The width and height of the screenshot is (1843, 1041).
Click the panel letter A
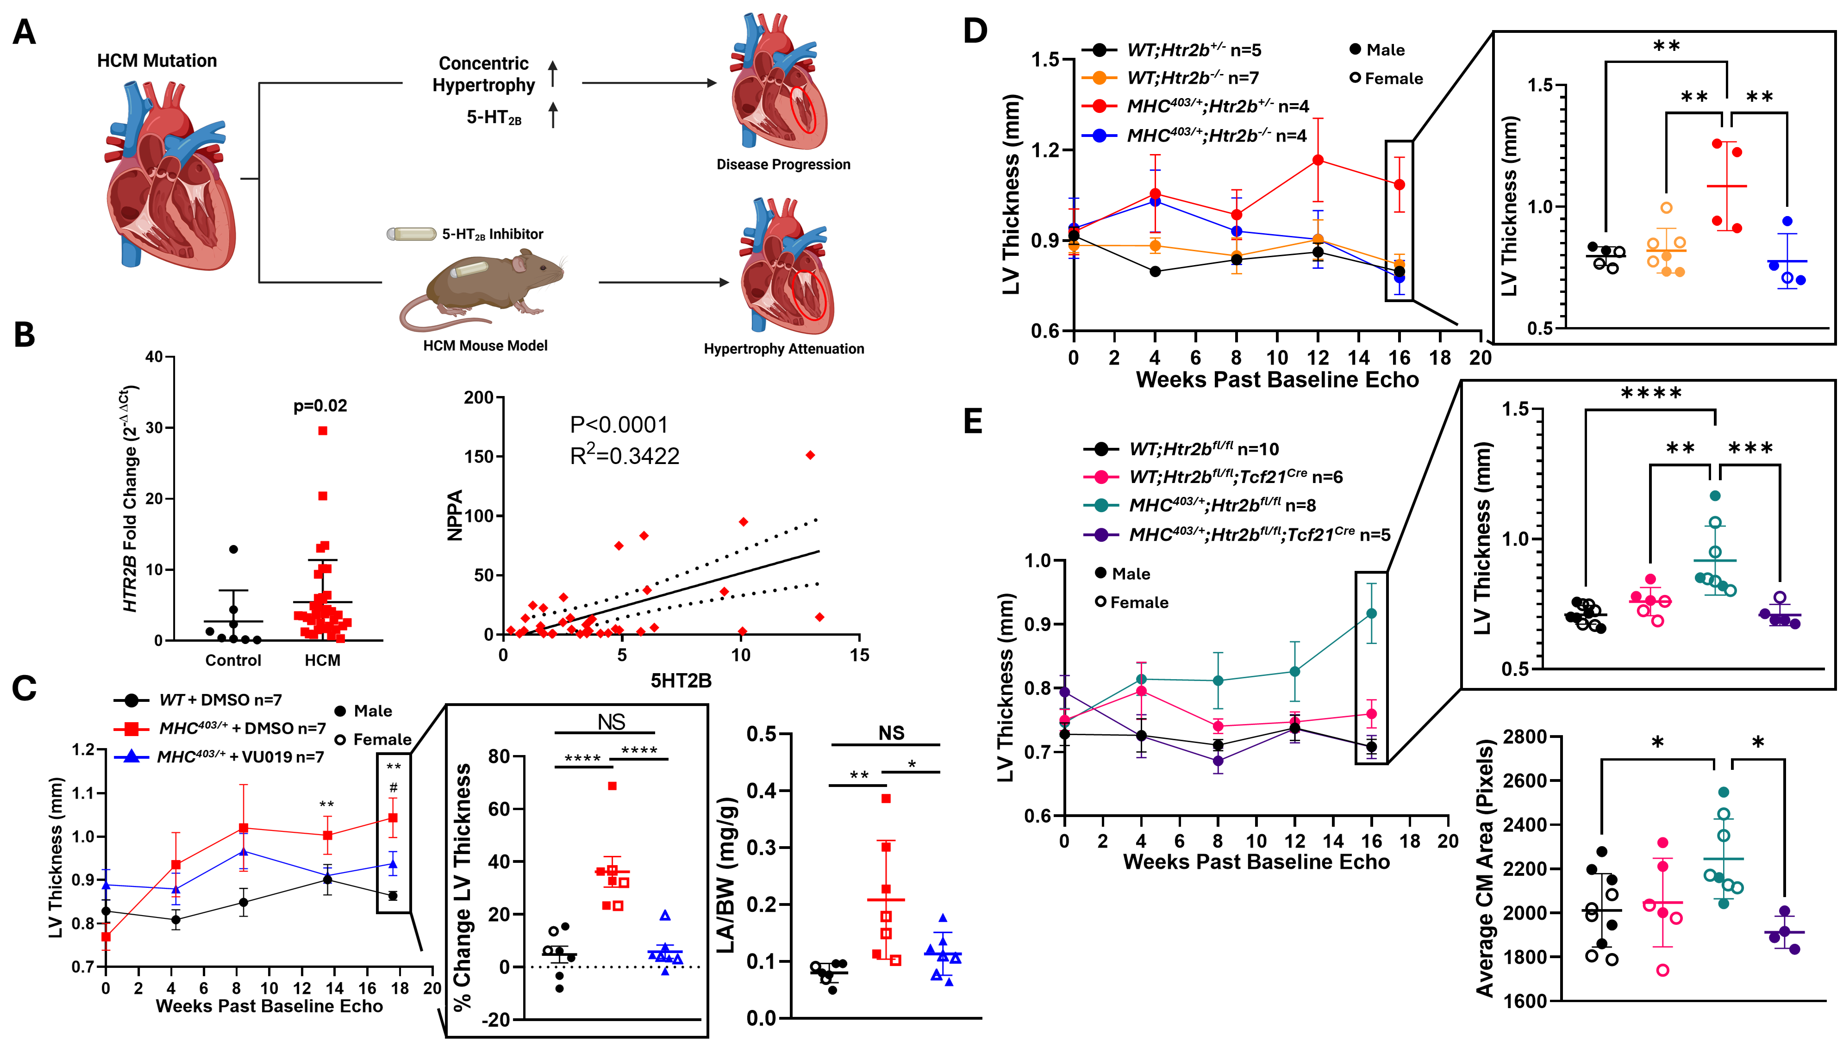25,33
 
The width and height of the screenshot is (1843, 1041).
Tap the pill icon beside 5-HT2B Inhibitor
412,234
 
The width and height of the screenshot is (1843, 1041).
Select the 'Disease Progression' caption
783,164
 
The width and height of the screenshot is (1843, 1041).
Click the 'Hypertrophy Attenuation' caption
783,349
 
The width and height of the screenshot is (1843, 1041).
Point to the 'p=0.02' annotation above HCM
320,406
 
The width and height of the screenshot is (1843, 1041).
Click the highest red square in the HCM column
323,430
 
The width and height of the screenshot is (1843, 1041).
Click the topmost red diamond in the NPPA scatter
810,455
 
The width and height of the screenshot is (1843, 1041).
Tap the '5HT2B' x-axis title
681,681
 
